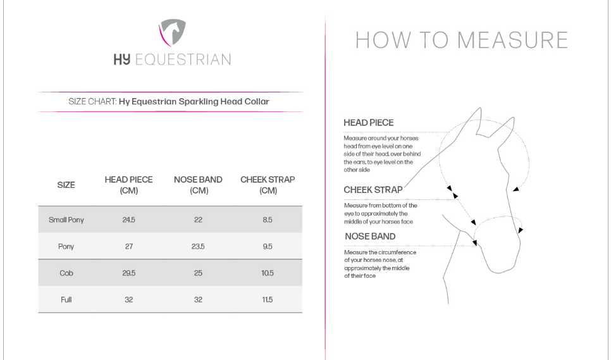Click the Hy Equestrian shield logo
tap(171, 33)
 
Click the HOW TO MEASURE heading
tap(461, 40)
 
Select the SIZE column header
tap(66, 185)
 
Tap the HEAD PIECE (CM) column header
tap(128, 185)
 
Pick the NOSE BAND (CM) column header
tap(198, 185)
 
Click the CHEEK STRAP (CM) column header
tap(268, 185)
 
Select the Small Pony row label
tap(66, 220)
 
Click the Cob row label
tap(66, 273)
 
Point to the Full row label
tap(66, 299)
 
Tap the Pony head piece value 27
tap(128, 247)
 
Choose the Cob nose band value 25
tap(198, 273)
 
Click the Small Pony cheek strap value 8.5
tap(268, 220)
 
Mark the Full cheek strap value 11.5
tap(268, 299)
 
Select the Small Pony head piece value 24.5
tap(128, 220)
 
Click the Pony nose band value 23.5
tap(198, 247)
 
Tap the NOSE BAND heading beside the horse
tap(370, 236)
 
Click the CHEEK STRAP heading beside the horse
tap(373, 189)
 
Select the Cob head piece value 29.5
tap(128, 273)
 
